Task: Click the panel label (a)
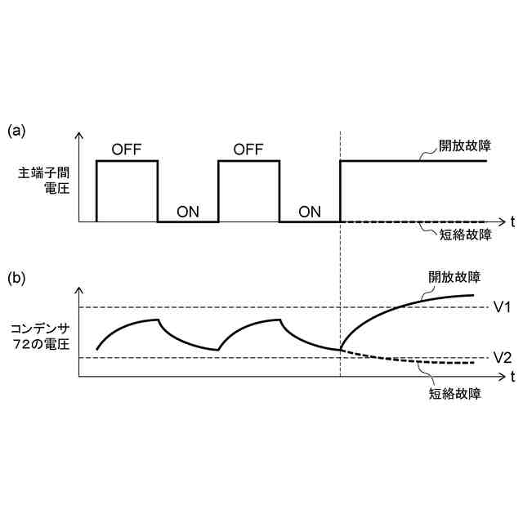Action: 17,130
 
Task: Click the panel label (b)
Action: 17,278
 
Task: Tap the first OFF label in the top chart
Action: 127,149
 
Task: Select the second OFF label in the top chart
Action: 248,149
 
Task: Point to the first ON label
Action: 188,211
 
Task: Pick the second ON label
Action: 310,211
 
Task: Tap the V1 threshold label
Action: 502,307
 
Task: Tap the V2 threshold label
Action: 502,358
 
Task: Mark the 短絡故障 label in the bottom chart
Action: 455,393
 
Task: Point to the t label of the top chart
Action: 512,221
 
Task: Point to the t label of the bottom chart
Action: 512,377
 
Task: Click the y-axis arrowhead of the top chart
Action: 79,136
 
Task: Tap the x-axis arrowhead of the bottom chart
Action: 499,377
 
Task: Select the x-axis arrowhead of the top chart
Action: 499,221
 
